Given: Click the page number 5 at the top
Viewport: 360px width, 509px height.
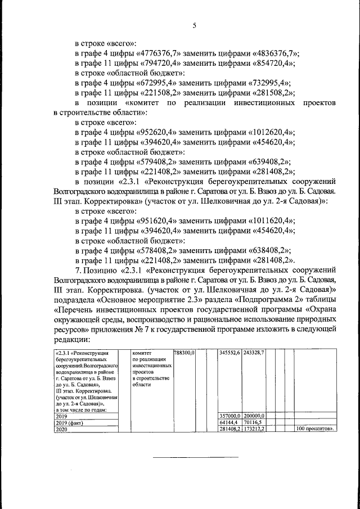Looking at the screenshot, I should point(195,25).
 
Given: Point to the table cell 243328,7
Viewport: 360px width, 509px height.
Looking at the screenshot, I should point(254,353).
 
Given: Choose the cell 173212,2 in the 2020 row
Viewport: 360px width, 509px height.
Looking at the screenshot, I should point(254,429).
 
